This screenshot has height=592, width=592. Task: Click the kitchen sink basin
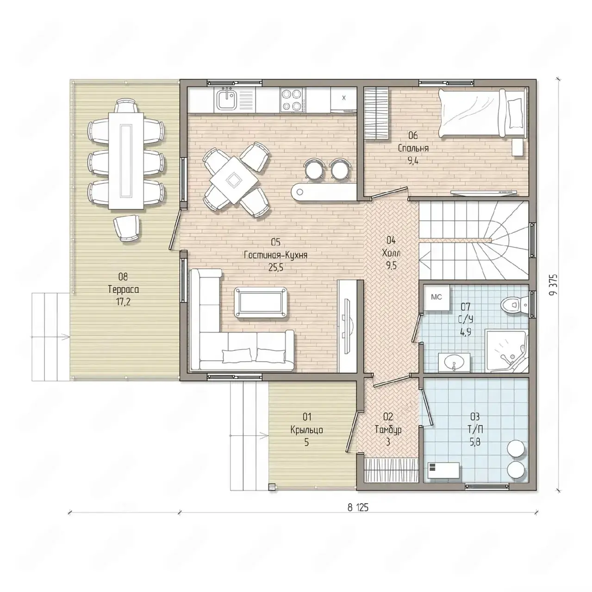tap(227, 99)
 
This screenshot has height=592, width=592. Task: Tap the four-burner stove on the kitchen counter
tap(293, 99)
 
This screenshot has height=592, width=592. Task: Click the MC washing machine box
tap(436, 297)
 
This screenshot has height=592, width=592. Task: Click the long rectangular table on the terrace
tap(126, 160)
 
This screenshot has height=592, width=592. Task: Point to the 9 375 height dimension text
tap(553, 285)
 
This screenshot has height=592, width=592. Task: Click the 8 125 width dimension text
tap(358, 507)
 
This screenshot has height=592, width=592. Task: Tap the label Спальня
tap(413, 148)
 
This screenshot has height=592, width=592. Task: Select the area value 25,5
tap(276, 268)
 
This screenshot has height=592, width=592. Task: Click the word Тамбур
tap(388, 430)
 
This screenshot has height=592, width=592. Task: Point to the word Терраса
tap(123, 290)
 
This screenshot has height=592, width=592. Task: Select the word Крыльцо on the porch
tap(307, 430)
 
